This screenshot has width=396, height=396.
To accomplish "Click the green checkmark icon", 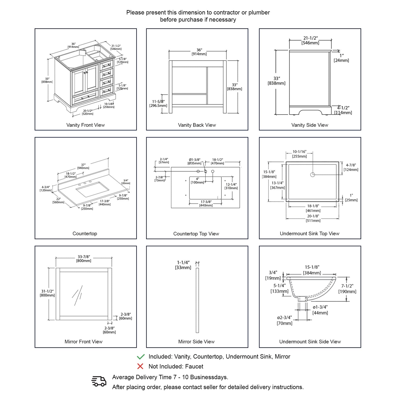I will point(141,357).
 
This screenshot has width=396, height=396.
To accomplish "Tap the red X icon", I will point(140,366).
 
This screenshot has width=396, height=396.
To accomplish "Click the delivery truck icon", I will point(99,381).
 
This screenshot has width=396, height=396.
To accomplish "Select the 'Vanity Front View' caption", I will point(86,125).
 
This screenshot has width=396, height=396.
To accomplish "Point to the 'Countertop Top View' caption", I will point(196,234).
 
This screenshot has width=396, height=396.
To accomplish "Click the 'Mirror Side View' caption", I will point(196,342).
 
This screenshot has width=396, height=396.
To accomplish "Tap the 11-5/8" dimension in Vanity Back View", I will point(158,103).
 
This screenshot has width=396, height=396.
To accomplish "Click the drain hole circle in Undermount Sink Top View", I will point(313,175).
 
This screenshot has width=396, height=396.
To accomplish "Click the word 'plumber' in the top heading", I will point(259,13).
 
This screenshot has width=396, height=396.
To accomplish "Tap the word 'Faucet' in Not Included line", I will point(194,366).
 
